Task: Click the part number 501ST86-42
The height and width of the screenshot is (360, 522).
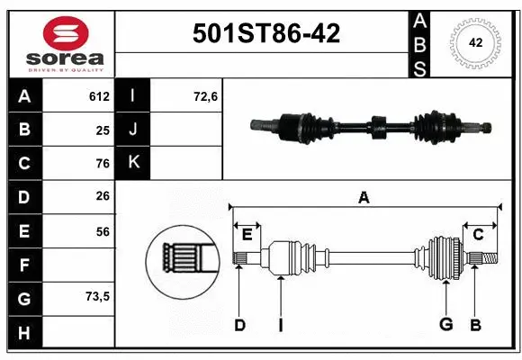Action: (x=267, y=34)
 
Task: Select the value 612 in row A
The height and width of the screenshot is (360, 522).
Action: (x=99, y=96)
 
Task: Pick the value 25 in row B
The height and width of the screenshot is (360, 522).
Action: (x=103, y=130)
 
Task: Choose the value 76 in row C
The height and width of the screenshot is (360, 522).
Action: (x=103, y=163)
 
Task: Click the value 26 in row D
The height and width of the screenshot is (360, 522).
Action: (x=103, y=197)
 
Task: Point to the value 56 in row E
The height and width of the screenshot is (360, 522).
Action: (x=103, y=231)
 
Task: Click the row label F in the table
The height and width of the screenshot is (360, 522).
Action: (x=24, y=265)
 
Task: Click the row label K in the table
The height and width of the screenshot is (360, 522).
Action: (x=133, y=163)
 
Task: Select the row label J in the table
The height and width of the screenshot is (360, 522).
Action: (x=133, y=130)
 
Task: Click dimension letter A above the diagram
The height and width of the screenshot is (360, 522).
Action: (x=364, y=197)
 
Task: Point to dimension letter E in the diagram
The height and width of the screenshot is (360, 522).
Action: (x=247, y=234)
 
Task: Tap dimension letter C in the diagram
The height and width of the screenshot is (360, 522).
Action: (x=478, y=234)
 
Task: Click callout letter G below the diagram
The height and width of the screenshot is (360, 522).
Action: (x=445, y=325)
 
